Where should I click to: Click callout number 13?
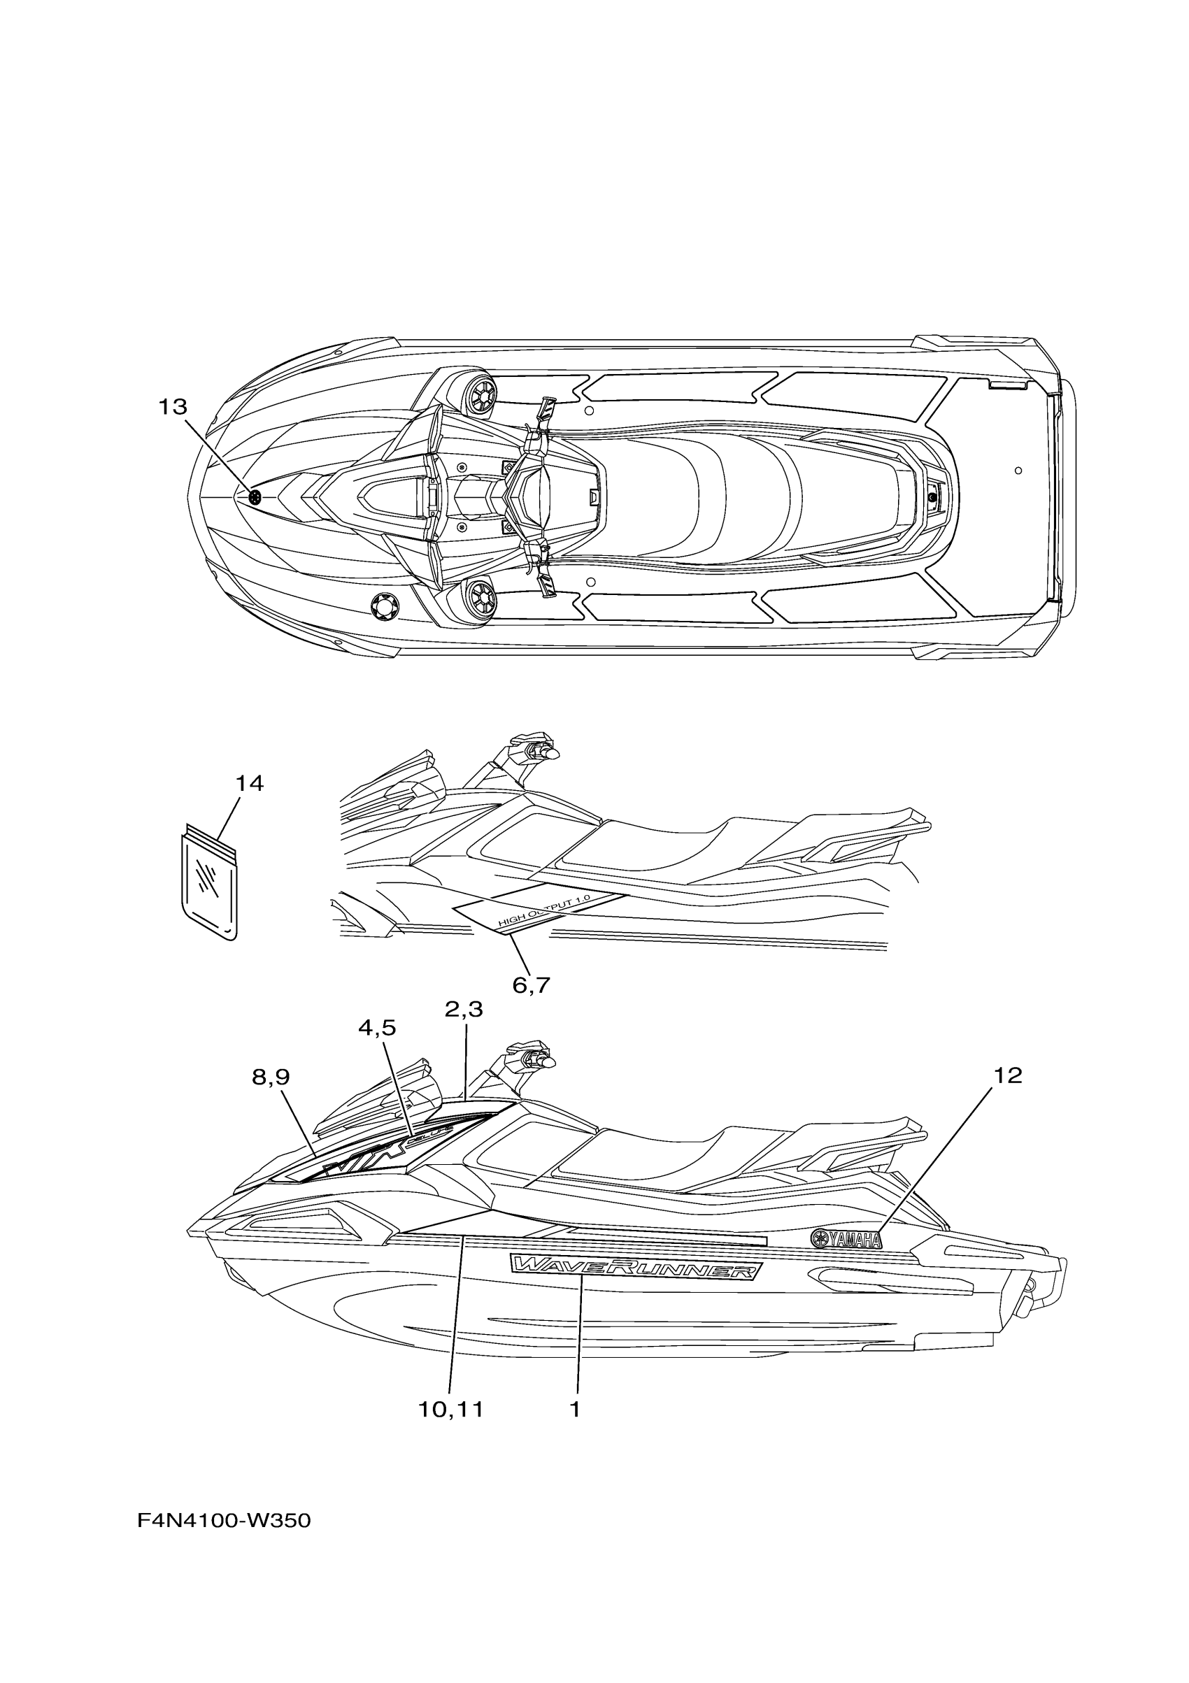[x=173, y=407]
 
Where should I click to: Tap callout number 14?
[x=249, y=784]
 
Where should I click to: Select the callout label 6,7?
[x=531, y=985]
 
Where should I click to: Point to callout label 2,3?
[x=464, y=1010]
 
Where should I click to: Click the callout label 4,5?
[x=377, y=1028]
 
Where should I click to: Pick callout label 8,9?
[x=271, y=1077]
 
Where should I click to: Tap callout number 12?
[x=1008, y=1075]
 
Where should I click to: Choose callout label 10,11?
[x=451, y=1409]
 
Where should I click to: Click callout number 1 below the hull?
[x=575, y=1409]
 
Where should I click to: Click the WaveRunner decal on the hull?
[x=636, y=1267]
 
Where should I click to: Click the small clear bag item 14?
[x=209, y=885]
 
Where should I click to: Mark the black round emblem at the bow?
[x=255, y=498]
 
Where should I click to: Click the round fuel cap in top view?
[x=385, y=606]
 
